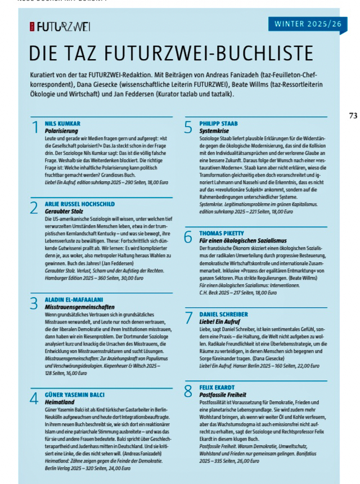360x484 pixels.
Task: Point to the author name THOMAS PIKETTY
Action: tap(223, 232)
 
